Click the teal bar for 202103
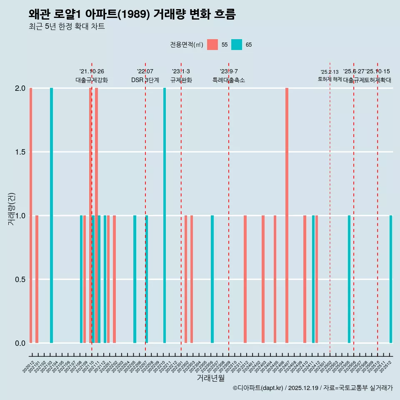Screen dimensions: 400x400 point(51,215)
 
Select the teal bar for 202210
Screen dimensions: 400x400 point(165,215)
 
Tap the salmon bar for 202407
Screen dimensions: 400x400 point(287,215)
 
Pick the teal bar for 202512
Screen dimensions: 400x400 point(391,279)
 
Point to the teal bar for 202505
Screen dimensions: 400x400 point(349,279)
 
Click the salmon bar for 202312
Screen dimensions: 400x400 point(245,279)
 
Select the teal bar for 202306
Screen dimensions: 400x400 point(212,279)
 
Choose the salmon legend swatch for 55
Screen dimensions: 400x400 point(212,45)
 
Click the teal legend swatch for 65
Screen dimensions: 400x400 point(237,45)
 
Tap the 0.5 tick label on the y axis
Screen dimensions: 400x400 point(21,280)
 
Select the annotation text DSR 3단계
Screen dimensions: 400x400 point(145,80)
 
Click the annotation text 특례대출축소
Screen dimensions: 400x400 point(228,80)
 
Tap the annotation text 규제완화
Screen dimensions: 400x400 point(181,80)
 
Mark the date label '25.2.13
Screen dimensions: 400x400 point(330,72)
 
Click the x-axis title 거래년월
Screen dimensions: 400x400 point(210,378)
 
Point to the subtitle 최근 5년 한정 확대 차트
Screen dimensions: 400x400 point(67,27)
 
